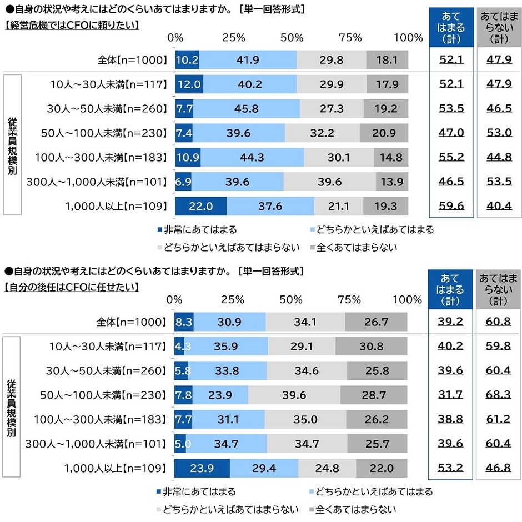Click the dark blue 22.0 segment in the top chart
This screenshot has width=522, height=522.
click(x=200, y=206)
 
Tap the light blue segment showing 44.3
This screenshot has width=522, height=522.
click(x=252, y=157)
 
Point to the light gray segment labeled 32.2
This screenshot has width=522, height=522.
click(x=322, y=133)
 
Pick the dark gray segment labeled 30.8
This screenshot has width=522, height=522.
click(x=371, y=347)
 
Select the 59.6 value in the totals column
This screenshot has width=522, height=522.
click(x=451, y=206)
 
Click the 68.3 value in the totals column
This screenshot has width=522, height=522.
click(x=499, y=395)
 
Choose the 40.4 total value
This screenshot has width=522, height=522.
click(x=499, y=206)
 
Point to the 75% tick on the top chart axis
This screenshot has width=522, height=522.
click(x=350, y=38)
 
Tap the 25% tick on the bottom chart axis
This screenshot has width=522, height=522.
click(x=233, y=300)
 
